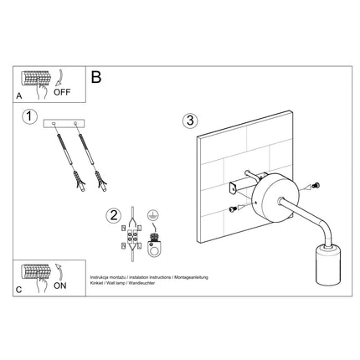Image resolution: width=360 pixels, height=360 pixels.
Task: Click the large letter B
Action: [95, 78]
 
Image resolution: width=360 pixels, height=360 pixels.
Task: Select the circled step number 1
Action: [29, 118]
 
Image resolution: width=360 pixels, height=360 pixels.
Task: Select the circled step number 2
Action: [113, 214]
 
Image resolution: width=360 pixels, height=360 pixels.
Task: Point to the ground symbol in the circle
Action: [152, 215]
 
